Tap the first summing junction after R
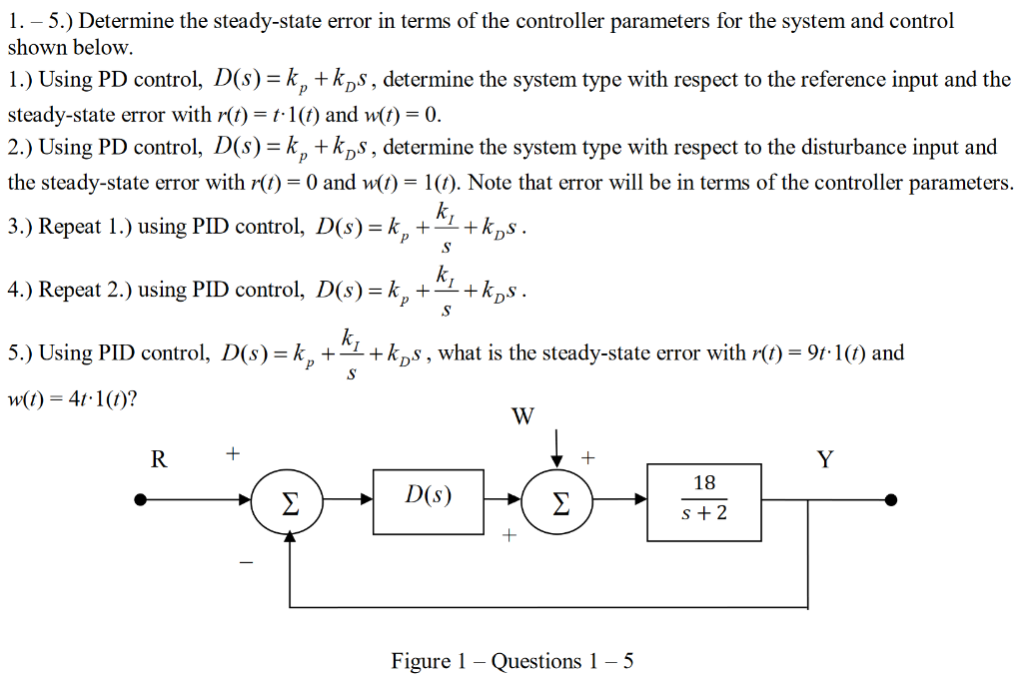pos(290,500)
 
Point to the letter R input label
pos(158,459)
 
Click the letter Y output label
pos(824,459)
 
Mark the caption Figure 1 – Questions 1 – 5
pos(511,661)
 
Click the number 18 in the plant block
pos(704,483)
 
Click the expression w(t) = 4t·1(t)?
pos(73,400)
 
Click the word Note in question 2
pos(492,183)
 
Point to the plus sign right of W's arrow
pos(588,458)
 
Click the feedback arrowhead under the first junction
pos(290,534)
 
